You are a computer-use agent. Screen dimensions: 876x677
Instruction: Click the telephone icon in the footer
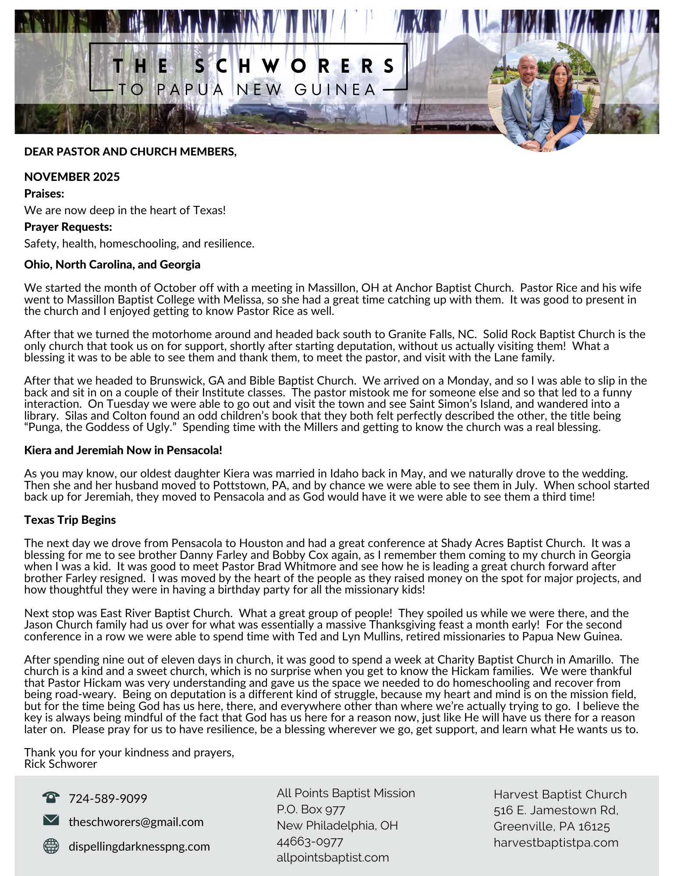[51, 797]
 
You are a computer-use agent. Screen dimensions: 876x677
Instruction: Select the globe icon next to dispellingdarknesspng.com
[51, 846]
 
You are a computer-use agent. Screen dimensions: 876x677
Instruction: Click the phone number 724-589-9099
[108, 798]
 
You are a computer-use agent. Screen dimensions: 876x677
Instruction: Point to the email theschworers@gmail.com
[136, 822]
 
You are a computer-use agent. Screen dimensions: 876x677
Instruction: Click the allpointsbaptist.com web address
[333, 857]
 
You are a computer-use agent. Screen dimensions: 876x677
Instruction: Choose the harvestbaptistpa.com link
[556, 842]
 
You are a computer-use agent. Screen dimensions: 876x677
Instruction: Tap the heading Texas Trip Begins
[70, 520]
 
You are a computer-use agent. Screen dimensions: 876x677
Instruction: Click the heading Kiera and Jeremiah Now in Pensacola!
[123, 450]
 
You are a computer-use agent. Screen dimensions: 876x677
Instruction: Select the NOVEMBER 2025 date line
[72, 177]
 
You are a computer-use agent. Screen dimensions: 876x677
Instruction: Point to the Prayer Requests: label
[68, 227]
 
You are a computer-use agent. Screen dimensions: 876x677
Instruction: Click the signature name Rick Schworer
[60, 764]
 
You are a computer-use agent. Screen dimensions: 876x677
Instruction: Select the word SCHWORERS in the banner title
[295, 66]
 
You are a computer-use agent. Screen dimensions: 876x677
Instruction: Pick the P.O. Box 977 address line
[311, 809]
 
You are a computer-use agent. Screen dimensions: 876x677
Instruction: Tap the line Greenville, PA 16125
[551, 826]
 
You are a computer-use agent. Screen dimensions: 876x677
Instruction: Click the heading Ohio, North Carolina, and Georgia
[112, 265]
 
